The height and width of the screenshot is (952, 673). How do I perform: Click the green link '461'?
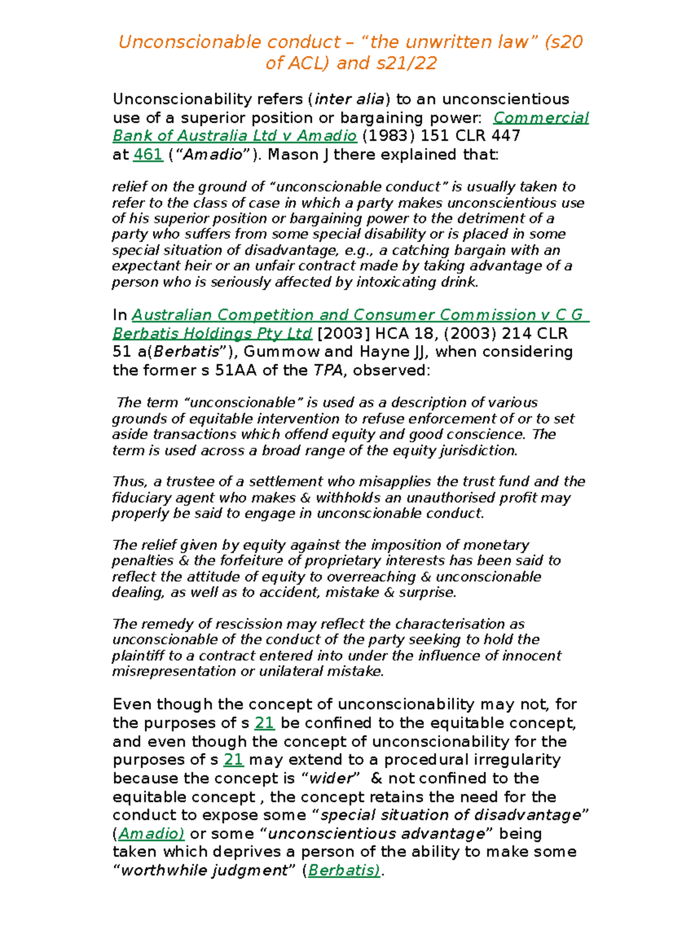click(148, 155)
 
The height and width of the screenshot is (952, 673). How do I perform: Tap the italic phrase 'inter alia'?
click(349, 99)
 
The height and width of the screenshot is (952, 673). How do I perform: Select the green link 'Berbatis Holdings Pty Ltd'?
click(212, 334)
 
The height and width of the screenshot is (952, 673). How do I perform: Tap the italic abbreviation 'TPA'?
click(328, 371)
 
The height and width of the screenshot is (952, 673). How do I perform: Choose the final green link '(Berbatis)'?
click(344, 870)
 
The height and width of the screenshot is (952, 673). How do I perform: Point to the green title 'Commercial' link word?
click(541, 118)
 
